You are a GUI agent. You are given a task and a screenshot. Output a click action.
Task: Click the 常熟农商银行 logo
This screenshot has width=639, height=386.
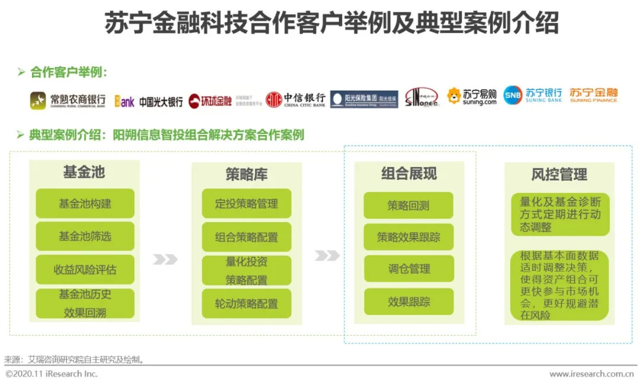67,101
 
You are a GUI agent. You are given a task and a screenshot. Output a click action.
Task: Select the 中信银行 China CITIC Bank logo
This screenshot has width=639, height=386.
295,99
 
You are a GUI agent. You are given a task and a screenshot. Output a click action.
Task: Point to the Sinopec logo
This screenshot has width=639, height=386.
421,98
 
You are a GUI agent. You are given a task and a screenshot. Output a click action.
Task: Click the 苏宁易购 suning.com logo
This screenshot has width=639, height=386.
472,96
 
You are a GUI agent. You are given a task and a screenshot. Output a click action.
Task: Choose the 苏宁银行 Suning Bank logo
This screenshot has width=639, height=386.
533,95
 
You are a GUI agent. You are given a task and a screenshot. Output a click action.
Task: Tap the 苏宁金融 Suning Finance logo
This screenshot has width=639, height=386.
593,95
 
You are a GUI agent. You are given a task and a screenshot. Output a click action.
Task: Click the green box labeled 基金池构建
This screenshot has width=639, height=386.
85,204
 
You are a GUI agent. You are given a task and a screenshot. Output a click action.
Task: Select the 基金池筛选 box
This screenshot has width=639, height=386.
85,236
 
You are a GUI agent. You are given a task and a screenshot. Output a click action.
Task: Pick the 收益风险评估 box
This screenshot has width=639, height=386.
85,270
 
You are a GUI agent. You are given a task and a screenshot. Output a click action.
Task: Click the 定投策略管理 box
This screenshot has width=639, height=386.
246,204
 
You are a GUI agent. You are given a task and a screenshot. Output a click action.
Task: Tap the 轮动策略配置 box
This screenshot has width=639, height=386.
246,304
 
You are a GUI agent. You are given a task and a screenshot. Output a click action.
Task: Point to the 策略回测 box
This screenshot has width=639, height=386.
408,206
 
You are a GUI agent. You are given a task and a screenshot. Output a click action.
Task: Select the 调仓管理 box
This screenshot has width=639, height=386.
408,269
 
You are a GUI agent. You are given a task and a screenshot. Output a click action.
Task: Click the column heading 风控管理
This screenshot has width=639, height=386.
559,174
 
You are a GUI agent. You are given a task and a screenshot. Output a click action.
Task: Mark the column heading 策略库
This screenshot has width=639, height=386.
246,174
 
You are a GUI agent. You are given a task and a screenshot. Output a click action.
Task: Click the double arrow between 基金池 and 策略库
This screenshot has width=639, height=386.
165,259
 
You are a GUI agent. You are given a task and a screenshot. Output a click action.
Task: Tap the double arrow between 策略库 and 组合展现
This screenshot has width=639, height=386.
327,255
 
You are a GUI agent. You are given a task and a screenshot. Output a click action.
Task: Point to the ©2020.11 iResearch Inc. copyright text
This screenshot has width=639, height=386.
51,374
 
